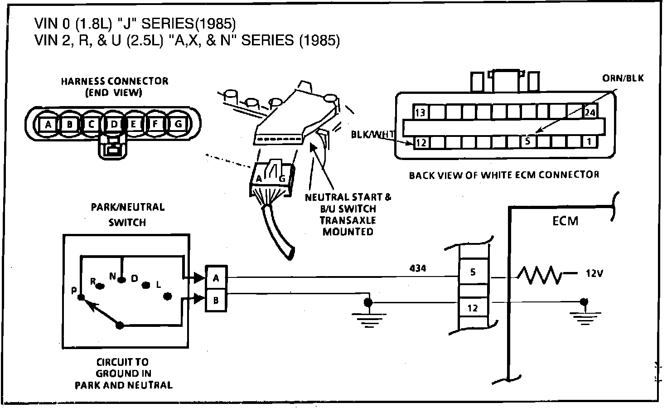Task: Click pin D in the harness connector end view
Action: pos(114,124)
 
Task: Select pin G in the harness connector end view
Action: pos(178,124)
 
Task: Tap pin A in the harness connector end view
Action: pos(48,124)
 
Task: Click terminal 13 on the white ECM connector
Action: pos(420,112)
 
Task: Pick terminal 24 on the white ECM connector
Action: pos(590,112)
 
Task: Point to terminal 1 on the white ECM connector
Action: pos(589,142)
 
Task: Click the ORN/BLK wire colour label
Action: pos(623,78)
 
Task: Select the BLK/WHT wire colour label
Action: pos(372,135)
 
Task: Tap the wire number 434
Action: pos(418,268)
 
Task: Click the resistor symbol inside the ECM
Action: pos(539,275)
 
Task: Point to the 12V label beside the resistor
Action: pos(594,273)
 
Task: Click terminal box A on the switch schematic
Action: pos(216,278)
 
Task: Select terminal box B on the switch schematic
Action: pos(216,300)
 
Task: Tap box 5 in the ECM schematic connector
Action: pos(473,272)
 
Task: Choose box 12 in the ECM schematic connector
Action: pos(473,308)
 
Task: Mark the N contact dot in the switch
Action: pos(121,280)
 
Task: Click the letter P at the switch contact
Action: pos(74,291)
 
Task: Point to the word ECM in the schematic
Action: pos(565,221)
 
